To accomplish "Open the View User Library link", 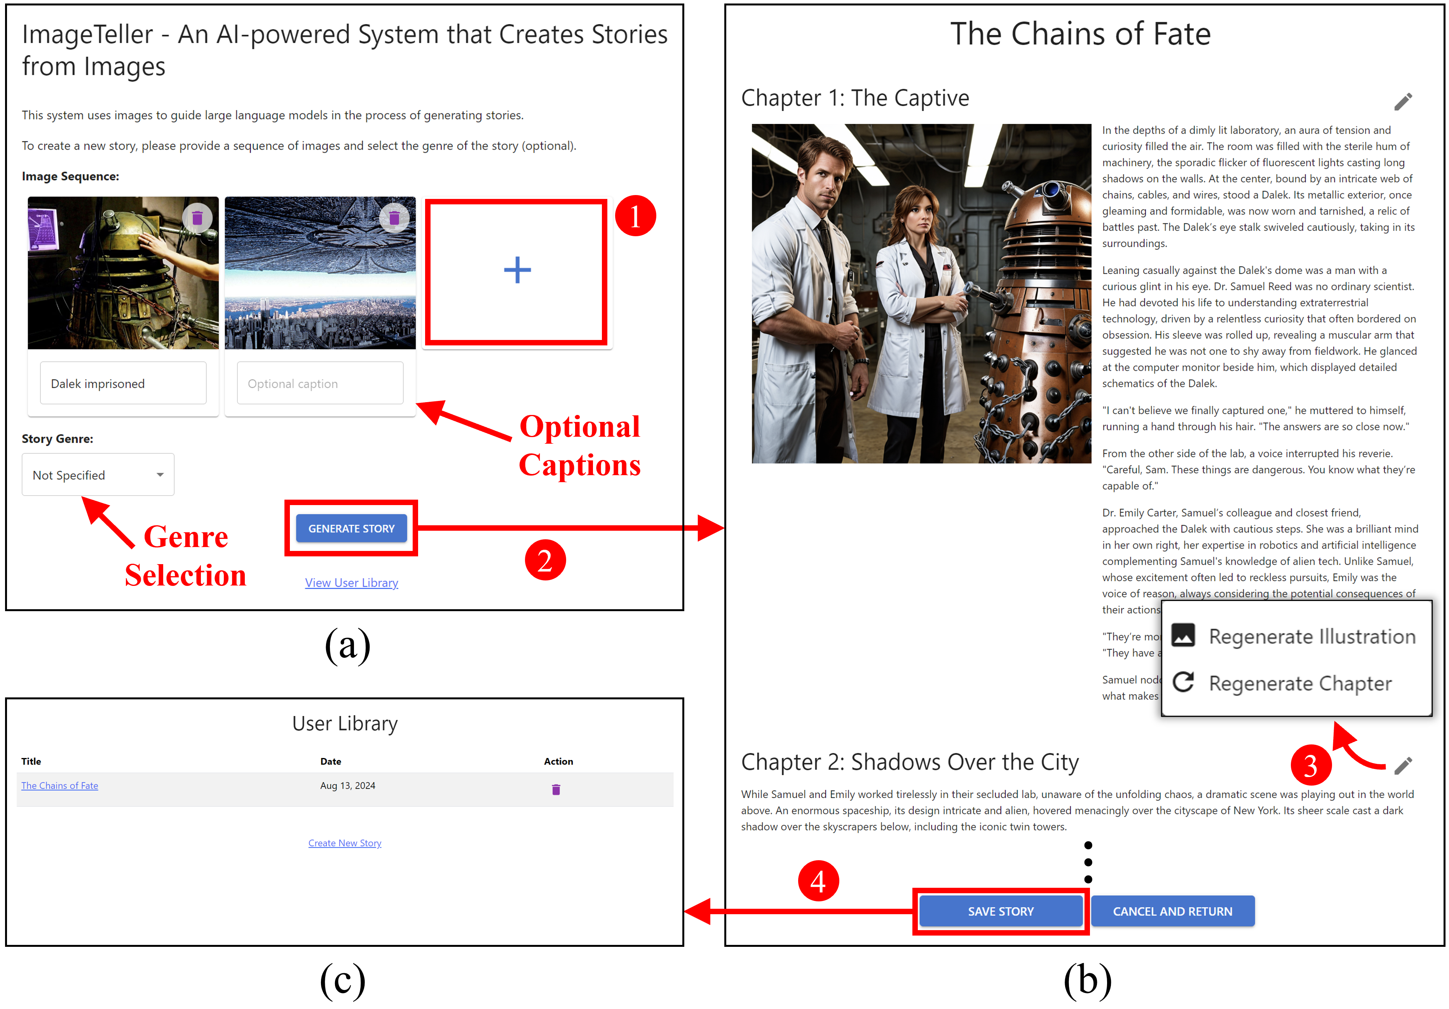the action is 352,582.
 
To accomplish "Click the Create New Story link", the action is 345,843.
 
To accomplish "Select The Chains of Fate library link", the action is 59,786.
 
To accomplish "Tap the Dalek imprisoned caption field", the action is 123,383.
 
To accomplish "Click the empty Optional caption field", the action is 320,383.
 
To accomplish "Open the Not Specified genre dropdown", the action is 98,474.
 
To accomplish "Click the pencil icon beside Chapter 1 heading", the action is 1403,101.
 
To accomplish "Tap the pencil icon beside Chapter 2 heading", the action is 1403,765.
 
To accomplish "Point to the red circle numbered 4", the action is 818,881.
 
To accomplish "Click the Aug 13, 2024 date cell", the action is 348,786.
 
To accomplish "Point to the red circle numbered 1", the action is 635,216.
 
